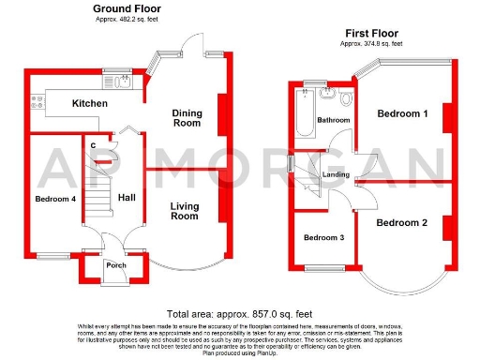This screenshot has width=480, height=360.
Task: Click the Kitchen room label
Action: [91, 103]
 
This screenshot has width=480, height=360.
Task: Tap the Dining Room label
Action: [187, 118]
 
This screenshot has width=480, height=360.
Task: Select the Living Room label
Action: [184, 211]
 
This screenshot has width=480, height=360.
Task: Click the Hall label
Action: [127, 198]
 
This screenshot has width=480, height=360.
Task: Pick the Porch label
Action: [116, 264]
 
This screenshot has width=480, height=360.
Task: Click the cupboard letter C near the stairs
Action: [94, 144]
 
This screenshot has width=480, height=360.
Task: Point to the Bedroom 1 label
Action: [402, 113]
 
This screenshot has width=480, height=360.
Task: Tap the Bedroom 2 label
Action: [402, 222]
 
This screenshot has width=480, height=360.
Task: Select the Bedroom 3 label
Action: [323, 237]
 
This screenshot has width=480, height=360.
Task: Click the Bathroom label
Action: [333, 120]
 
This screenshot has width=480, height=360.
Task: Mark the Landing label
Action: [336, 173]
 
